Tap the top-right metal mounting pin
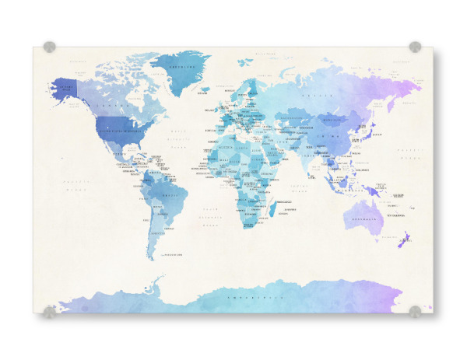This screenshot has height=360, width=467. tap(415, 47)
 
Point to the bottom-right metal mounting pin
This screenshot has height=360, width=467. tap(415, 312)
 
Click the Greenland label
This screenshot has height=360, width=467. tap(182, 67)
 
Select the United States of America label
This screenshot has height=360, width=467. tap(117, 131)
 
